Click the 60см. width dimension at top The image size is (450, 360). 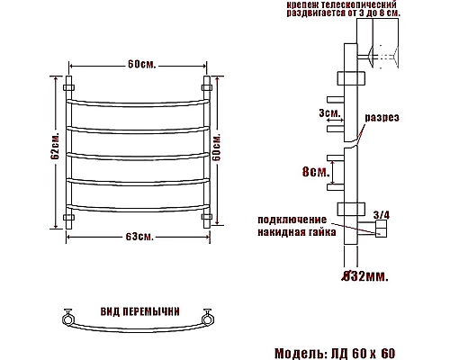[x=139, y=64]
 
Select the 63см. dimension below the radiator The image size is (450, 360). [x=139, y=236]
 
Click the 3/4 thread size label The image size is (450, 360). [x=380, y=213]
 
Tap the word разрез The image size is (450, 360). [x=382, y=117]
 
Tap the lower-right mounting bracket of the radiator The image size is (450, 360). [x=209, y=217]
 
